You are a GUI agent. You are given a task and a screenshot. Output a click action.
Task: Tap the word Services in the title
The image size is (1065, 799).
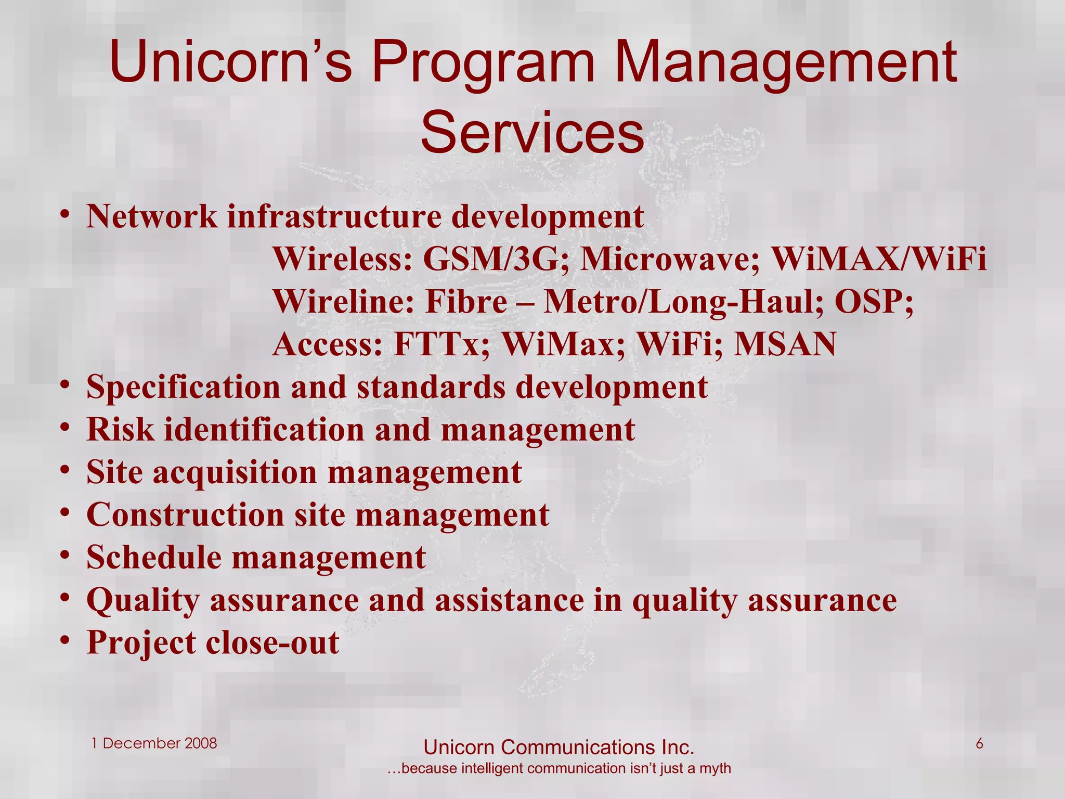point(532,134)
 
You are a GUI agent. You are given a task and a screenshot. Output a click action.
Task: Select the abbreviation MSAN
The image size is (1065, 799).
point(785,344)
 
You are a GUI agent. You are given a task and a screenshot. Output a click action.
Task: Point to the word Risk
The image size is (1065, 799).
point(120,430)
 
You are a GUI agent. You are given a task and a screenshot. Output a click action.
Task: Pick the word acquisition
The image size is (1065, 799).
point(235,473)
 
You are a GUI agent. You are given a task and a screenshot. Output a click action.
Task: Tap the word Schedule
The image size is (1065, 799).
point(154,558)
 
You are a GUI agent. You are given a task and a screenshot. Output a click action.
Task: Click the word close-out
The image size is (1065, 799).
point(272,643)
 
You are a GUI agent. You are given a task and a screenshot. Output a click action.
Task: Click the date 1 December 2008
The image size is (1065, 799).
point(154,743)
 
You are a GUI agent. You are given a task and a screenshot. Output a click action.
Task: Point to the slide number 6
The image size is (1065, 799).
point(979,744)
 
